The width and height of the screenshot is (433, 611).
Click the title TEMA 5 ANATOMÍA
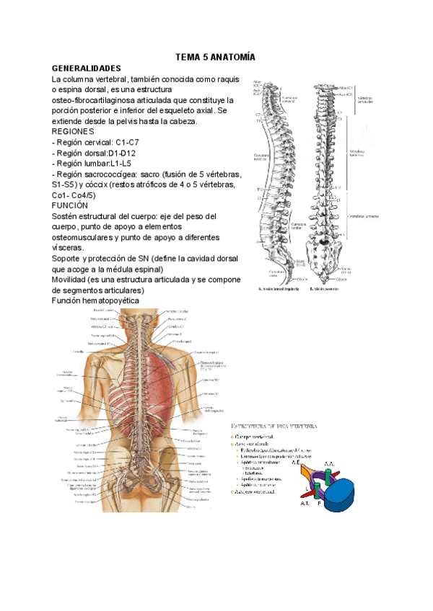(x=216, y=56)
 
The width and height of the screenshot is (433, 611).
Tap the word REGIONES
(x=73, y=132)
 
